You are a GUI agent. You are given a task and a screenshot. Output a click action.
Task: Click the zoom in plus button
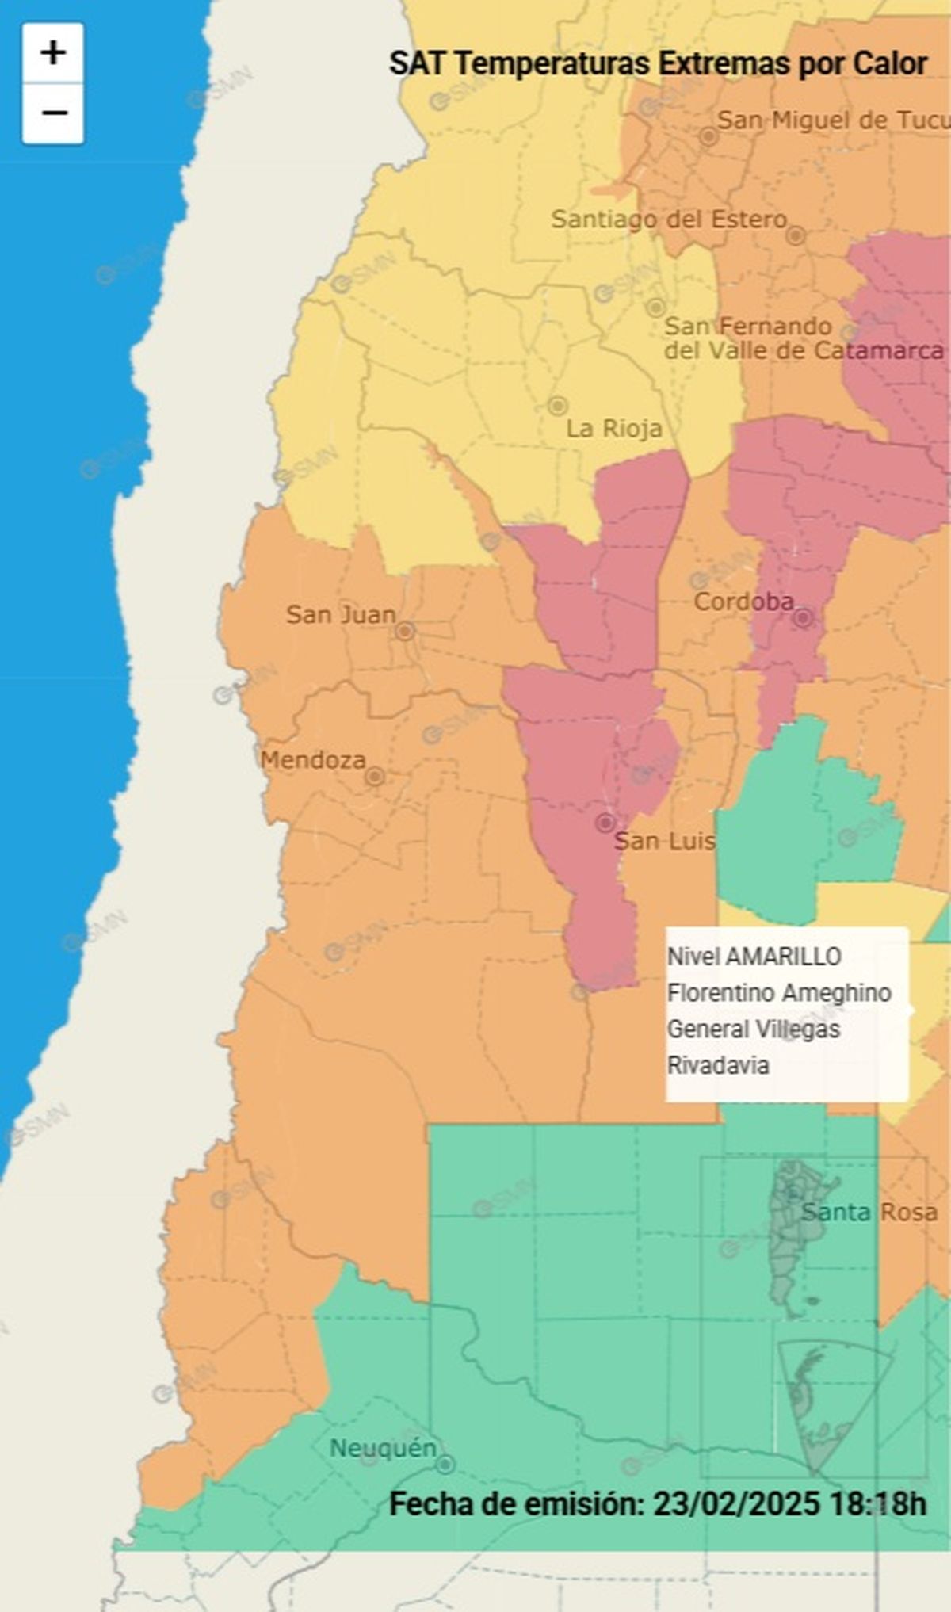click(x=53, y=53)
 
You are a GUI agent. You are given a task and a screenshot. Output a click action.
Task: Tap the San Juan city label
click(x=341, y=614)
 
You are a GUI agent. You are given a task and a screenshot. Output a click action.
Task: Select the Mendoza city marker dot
click(x=375, y=777)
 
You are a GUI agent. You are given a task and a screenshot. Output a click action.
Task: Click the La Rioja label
click(x=613, y=429)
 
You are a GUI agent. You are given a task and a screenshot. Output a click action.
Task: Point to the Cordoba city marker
click(x=803, y=617)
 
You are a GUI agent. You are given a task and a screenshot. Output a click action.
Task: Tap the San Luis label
click(x=664, y=841)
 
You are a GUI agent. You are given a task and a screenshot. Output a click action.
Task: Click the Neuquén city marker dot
click(x=445, y=1464)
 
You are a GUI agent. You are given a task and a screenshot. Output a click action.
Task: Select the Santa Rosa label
click(x=869, y=1212)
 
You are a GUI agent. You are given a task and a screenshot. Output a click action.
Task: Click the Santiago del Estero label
click(x=669, y=219)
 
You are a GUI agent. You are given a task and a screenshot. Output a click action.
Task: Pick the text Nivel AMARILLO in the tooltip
click(x=754, y=957)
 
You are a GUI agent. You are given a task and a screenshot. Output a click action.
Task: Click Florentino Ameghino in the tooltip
click(x=779, y=993)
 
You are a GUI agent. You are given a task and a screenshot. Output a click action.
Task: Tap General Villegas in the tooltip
click(x=753, y=1029)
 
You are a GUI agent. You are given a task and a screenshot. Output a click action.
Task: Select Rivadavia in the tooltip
click(x=718, y=1065)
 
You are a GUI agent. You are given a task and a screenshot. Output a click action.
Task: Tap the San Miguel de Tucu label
click(x=832, y=120)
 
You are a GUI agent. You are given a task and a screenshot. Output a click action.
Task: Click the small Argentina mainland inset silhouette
click(x=798, y=1236)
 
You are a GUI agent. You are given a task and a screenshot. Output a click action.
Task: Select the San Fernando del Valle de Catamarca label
click(x=803, y=338)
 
